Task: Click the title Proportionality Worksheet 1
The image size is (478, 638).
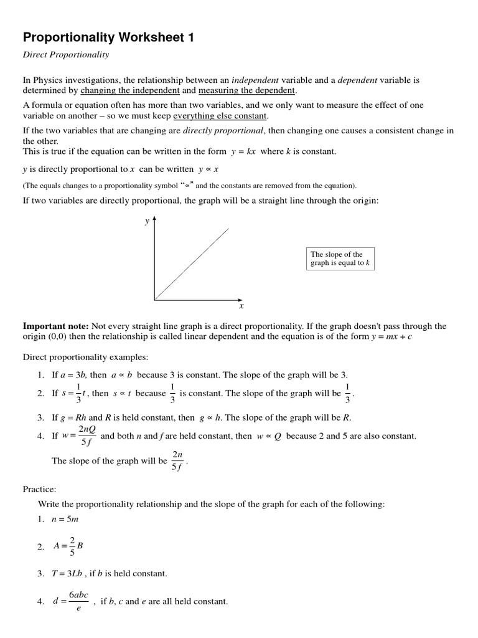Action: [109, 38]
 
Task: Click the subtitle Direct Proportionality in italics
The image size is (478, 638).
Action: [66, 55]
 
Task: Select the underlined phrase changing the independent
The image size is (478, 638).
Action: [135, 90]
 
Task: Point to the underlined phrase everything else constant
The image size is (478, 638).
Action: [220, 116]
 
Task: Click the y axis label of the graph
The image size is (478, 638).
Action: [147, 221]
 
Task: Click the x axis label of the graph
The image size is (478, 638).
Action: [241, 306]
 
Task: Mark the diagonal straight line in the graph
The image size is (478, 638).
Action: [192, 264]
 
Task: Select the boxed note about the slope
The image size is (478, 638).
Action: [340, 259]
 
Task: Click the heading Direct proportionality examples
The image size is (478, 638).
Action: [86, 357]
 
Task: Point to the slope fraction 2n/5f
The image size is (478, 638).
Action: [177, 462]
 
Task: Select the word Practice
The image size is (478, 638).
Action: [40, 490]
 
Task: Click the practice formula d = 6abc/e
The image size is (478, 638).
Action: [70, 602]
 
